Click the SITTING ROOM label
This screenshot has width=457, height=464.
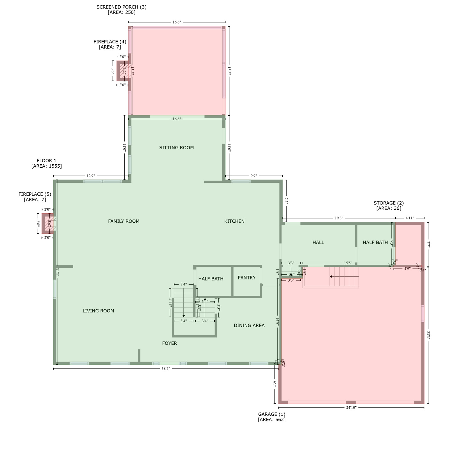176,147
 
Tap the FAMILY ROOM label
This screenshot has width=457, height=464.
124,221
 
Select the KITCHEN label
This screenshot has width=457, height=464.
234,221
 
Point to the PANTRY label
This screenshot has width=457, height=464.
246,278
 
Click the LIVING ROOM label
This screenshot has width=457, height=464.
98,311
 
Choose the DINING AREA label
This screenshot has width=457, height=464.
249,325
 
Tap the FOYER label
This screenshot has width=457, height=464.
170,343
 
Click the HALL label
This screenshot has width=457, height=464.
318,242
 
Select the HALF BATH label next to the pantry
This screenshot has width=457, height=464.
211,279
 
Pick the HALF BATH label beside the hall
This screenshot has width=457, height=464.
375,242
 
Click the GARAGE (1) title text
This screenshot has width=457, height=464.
271,414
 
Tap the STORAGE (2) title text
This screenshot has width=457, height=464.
389,203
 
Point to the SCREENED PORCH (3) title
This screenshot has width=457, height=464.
121,7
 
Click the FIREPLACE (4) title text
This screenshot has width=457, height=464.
110,42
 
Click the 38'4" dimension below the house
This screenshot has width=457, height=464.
166,369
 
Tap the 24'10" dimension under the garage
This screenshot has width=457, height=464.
351,408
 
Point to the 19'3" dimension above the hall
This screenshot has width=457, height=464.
339,218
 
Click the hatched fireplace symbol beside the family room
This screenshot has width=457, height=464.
49,224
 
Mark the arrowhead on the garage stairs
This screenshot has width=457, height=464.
331,276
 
